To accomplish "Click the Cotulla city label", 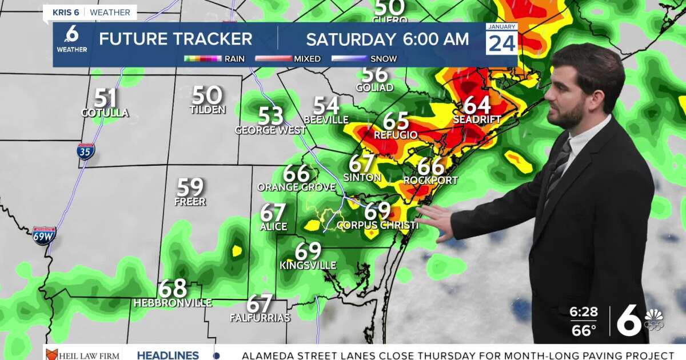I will (x=105, y=113).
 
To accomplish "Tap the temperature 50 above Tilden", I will (x=207, y=95).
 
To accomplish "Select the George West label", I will (x=270, y=130).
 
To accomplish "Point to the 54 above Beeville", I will (x=326, y=106).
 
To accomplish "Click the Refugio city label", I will (x=396, y=135).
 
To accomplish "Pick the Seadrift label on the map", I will (x=477, y=120).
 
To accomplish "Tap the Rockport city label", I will (x=430, y=181).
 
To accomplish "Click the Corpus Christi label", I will (x=377, y=226).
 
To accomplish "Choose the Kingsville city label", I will (x=308, y=266).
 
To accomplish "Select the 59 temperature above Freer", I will (x=190, y=187).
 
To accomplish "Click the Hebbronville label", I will (x=173, y=303).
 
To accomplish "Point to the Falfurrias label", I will (x=260, y=318).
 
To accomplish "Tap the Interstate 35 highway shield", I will (x=86, y=151).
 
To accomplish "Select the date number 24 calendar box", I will (x=502, y=42).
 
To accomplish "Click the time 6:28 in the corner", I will (x=583, y=312).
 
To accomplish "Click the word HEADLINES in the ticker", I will (x=167, y=355).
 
